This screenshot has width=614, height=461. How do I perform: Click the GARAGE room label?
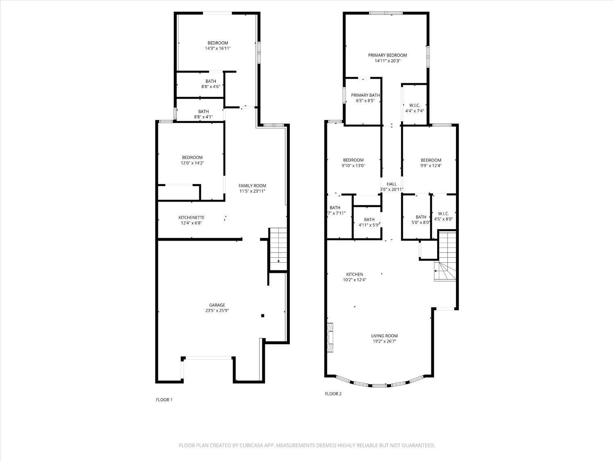[217, 305]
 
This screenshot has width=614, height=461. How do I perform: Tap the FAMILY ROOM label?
[252, 186]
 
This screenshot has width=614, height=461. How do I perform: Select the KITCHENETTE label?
[191, 218]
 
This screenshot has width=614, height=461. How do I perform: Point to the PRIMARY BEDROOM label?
[387, 55]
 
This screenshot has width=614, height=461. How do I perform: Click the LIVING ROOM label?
[384, 336]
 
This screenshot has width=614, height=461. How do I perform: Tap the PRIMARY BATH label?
[365, 95]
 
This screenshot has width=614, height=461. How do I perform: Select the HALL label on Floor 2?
[392, 184]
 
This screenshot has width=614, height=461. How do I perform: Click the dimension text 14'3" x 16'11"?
[218, 48]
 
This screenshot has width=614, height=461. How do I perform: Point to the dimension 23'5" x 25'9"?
[217, 311]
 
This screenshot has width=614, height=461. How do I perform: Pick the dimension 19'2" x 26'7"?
[384, 341]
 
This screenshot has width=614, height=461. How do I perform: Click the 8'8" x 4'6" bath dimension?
[211, 87]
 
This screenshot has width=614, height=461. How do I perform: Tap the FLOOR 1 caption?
[164, 400]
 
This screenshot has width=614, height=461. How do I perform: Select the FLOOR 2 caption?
[333, 394]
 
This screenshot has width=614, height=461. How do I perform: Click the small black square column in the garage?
[263, 316]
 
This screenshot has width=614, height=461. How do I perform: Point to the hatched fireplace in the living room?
[330, 337]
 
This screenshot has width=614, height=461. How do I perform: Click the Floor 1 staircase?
[278, 249]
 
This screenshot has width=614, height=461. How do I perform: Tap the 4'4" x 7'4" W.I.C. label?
[415, 108]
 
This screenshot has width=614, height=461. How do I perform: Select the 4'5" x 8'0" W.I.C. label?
[443, 216]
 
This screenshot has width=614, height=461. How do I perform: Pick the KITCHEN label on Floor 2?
[355, 274]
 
